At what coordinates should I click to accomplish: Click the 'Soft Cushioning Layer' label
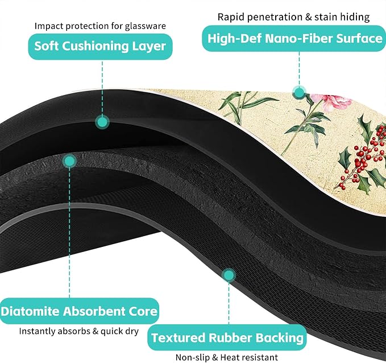click(x=100, y=47)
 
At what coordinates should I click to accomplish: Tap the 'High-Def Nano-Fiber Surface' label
click(x=294, y=39)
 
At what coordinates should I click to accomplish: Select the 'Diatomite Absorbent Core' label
click(x=79, y=311)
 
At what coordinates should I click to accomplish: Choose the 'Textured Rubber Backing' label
click(x=227, y=337)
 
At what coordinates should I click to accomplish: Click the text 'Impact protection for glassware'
click(x=100, y=26)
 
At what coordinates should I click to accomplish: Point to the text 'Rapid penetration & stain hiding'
click(x=294, y=17)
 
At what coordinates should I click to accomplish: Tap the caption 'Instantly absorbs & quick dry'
click(x=79, y=331)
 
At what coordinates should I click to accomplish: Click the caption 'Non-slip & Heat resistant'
click(x=227, y=357)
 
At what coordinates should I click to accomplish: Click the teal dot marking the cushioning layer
click(x=102, y=122)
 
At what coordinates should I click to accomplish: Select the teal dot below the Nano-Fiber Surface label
click(x=300, y=93)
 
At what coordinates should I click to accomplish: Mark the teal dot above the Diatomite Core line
click(x=69, y=161)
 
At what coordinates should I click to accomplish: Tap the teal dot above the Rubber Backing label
click(x=229, y=275)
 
